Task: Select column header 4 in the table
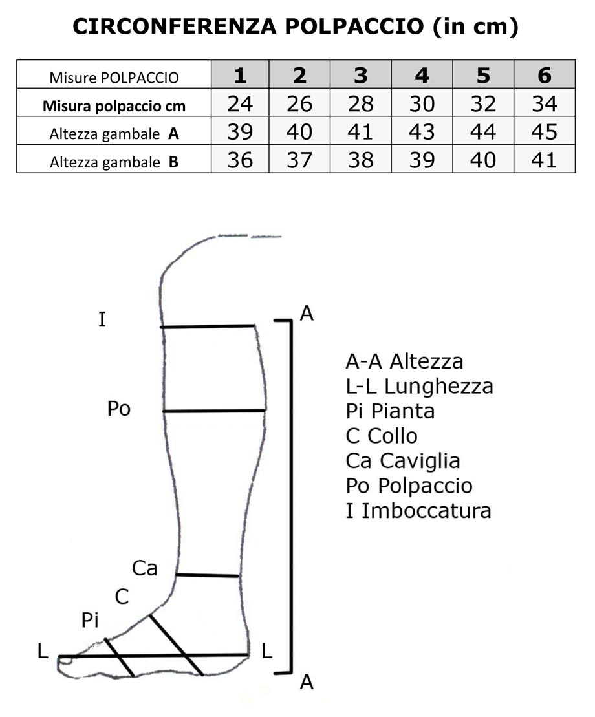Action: coord(422,76)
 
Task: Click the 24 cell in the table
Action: coord(240,103)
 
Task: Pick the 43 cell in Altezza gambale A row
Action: coord(422,131)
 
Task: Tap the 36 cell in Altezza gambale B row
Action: coord(240,159)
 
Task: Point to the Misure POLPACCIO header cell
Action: coord(114,78)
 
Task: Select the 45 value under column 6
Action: coord(544,131)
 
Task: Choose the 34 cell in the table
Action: coord(544,103)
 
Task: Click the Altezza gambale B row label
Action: coord(114,162)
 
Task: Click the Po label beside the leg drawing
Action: coord(120,409)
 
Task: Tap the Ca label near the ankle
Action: coord(145,568)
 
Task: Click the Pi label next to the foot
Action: coord(91,621)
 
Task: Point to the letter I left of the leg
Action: coord(102,319)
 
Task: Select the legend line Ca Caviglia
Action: coord(403,461)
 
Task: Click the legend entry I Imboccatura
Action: coord(418,511)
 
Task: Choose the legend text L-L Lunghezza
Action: coord(420,387)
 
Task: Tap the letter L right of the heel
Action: coord(266,651)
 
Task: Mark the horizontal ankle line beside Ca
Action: coord(208,575)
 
